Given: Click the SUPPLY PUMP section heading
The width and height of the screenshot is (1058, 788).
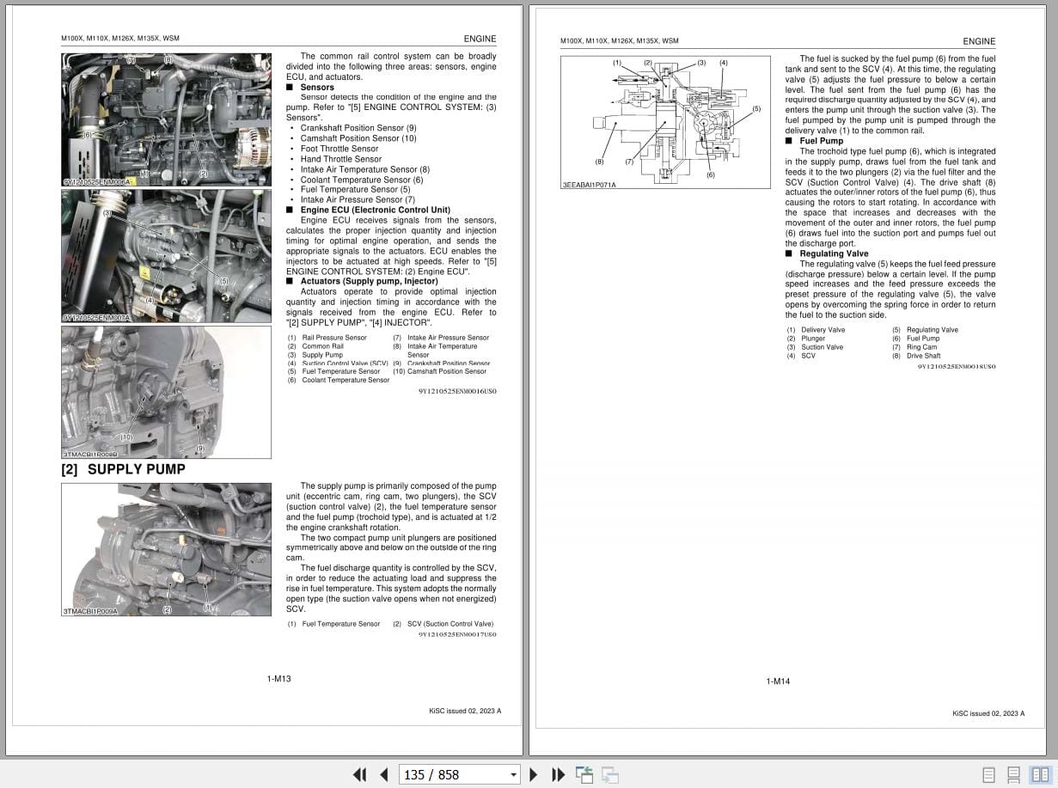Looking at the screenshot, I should tap(124, 469).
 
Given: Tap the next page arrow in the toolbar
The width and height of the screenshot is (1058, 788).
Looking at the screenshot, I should tap(533, 774).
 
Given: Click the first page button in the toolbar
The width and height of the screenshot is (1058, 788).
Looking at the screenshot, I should tap(360, 774).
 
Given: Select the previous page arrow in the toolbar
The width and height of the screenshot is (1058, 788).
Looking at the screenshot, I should tap(383, 774).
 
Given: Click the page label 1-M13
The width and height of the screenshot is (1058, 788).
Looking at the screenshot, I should tap(278, 679).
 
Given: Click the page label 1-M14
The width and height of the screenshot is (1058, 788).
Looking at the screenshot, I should tap(778, 681).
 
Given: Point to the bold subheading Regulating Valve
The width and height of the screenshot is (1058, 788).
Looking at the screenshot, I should tap(833, 254).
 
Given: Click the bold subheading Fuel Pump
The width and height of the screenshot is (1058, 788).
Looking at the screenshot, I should tap(821, 141).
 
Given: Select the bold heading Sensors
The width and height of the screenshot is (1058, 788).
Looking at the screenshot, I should tap(316, 87).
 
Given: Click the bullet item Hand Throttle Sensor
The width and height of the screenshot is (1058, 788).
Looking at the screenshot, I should tap(340, 159).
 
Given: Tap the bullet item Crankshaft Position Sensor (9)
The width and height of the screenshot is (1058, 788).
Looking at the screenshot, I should tap(358, 128).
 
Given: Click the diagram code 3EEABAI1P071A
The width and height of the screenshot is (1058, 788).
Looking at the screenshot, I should tap(589, 185).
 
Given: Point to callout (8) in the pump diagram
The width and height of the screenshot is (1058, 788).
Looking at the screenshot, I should tap(599, 162).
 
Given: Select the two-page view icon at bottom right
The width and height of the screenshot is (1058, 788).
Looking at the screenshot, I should tap(1040, 774).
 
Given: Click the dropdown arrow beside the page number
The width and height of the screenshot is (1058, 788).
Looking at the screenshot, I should tap(513, 774).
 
